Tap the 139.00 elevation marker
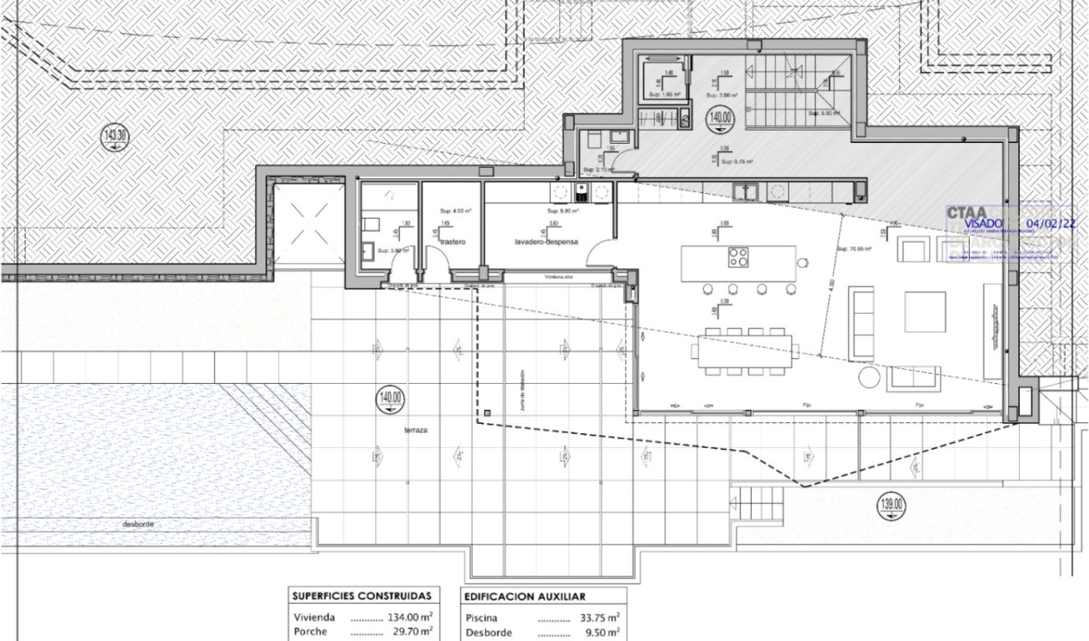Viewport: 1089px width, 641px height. tap(892, 505)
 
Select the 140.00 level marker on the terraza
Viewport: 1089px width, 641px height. tap(390, 400)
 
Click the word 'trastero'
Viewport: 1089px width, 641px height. tap(453, 242)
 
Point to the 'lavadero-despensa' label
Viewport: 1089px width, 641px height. tap(547, 242)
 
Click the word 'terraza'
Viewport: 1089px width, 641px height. tap(415, 431)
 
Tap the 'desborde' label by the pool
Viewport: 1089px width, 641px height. tap(137, 524)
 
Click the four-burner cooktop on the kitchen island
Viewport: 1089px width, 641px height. tap(739, 257)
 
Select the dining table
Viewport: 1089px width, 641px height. tap(746, 352)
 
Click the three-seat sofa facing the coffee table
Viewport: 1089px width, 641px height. tap(861, 323)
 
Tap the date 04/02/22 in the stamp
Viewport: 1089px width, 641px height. tap(1050, 222)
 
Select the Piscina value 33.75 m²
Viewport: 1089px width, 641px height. tap(596, 617)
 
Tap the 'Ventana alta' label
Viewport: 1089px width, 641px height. tap(558, 278)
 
